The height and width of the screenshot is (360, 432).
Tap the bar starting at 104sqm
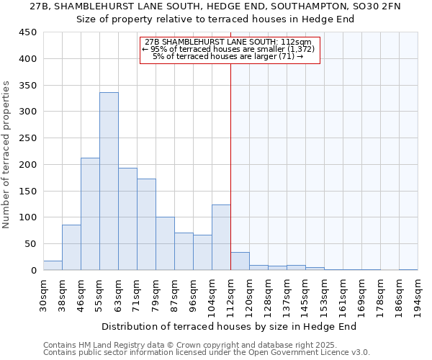[x=221, y=238]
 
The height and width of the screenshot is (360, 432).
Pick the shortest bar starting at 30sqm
[x=53, y=266]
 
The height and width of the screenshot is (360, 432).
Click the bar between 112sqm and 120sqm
[x=240, y=261]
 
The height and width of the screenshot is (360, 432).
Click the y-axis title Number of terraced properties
[x=7, y=155]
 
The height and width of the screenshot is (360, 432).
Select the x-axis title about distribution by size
[x=230, y=327]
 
